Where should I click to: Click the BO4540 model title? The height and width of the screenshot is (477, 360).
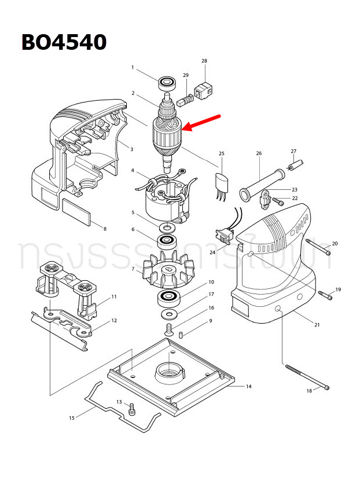point(64,42)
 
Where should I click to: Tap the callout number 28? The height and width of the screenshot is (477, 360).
point(204,60)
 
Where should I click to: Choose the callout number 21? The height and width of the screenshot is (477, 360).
point(317,325)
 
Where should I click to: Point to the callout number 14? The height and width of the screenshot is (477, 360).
point(248,386)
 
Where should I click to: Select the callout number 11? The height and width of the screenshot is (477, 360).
point(114,296)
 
